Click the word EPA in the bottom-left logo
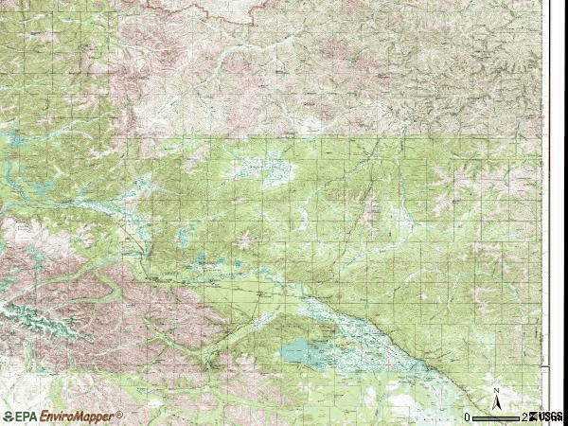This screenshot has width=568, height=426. [x=27, y=417]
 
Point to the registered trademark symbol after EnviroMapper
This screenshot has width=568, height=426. [x=120, y=414]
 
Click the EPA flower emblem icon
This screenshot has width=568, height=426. [x=9, y=417]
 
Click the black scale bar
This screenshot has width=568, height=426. [x=496, y=417]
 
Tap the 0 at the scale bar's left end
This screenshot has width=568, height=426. [x=467, y=417]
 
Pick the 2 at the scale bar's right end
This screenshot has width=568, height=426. [x=524, y=417]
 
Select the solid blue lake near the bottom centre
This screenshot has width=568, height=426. [x=301, y=352]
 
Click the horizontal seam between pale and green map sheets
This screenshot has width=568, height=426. [x=331, y=136]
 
